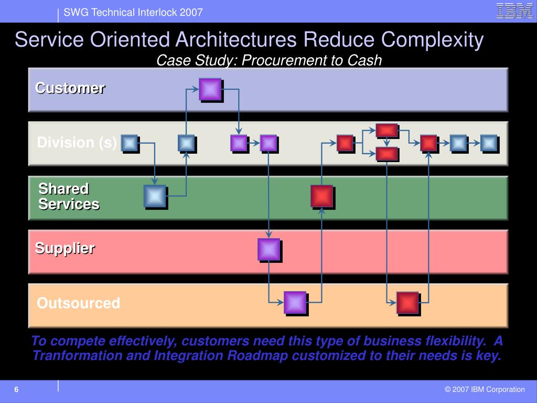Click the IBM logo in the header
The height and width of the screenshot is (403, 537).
514,11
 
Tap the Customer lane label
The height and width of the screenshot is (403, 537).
70,88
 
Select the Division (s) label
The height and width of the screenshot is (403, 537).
77,143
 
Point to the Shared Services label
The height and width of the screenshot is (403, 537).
69,196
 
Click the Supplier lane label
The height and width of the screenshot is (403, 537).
65,248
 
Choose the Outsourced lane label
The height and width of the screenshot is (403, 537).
78,303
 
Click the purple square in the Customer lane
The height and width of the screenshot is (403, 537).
210,89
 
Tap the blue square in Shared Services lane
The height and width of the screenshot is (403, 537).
155,196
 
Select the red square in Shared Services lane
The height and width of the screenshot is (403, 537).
321,196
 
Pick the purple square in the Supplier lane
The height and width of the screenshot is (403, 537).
268,249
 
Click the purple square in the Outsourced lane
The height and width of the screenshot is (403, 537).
295,303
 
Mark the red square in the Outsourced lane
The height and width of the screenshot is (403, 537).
407,303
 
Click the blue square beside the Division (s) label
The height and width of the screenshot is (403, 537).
129,143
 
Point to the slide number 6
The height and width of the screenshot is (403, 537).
16,389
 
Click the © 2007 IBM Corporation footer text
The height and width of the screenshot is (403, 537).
485,389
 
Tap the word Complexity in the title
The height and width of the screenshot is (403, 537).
432,40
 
